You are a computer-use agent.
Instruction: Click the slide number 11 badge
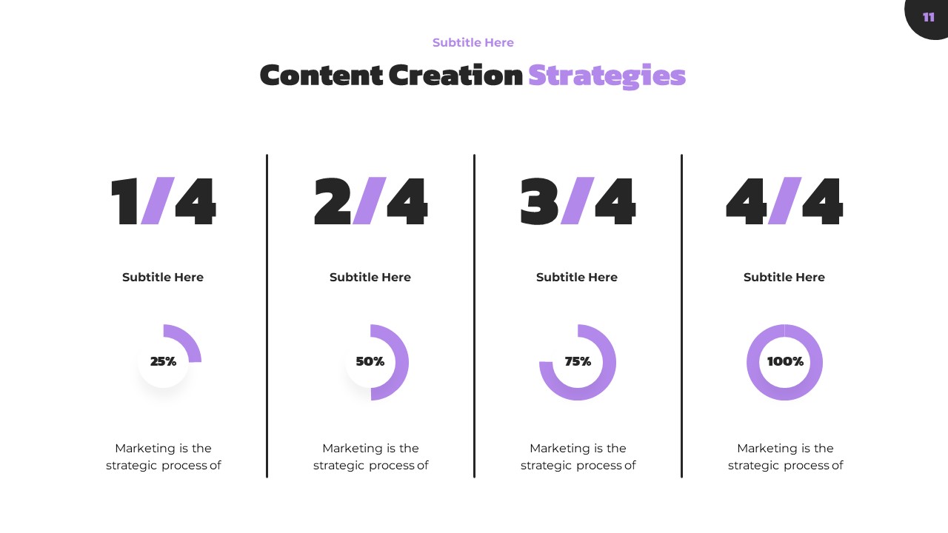pyautogui.click(x=928, y=17)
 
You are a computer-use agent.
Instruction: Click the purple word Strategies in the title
pyautogui.click(x=607, y=76)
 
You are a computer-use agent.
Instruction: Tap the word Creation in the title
pyautogui.click(x=455, y=76)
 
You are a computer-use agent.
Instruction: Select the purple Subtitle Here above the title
pyautogui.click(x=473, y=43)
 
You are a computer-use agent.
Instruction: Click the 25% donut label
pyautogui.click(x=163, y=362)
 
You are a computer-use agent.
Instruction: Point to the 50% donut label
pyautogui.click(x=370, y=362)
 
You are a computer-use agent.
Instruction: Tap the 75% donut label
pyautogui.click(x=578, y=362)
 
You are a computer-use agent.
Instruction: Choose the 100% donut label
pyautogui.click(x=785, y=362)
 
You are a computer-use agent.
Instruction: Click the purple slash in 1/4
pyautogui.click(x=157, y=201)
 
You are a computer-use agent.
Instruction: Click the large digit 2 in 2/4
pyautogui.click(x=333, y=201)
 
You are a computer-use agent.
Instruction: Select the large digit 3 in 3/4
pyautogui.click(x=539, y=201)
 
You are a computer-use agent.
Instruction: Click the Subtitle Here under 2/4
pyautogui.click(x=370, y=278)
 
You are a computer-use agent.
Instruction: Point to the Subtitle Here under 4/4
pyautogui.click(x=784, y=278)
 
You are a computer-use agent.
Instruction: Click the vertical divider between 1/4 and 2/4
pyautogui.click(x=267, y=316)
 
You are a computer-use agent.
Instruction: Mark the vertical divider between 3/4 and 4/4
pyautogui.click(x=681, y=316)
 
